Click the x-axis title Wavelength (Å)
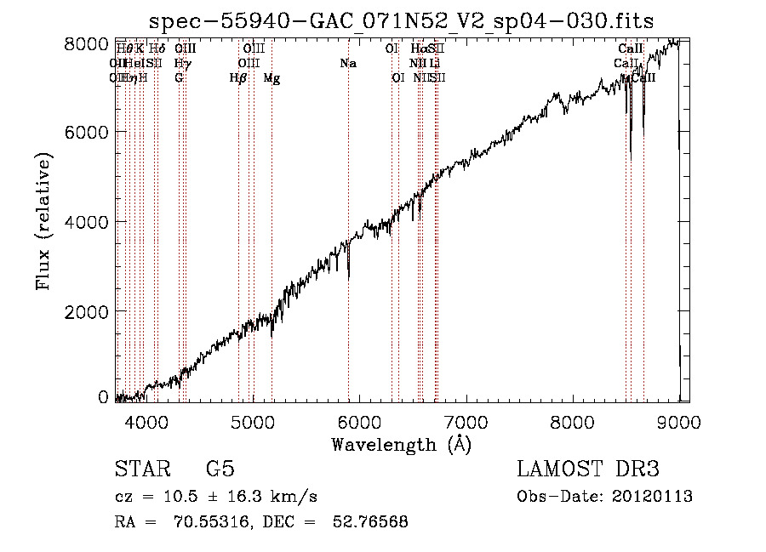pyautogui.click(x=401, y=444)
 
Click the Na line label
pyautogui.click(x=347, y=64)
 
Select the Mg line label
pyautogui.click(x=272, y=78)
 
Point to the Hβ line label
pyautogui.click(x=238, y=78)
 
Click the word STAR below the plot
pyautogui.click(x=140, y=469)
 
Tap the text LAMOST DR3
pyautogui.click(x=588, y=469)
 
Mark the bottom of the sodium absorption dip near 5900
pyautogui.click(x=348, y=278)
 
